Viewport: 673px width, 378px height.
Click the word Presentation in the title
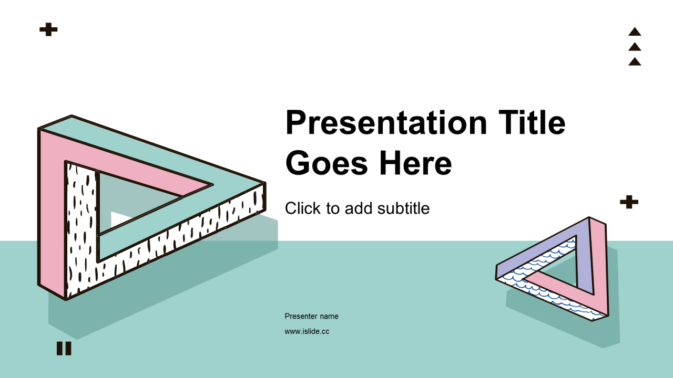tap(386, 123)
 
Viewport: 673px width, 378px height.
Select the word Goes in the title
tap(327, 163)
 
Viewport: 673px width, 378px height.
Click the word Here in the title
tap(415, 162)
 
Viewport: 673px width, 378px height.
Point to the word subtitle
tap(403, 208)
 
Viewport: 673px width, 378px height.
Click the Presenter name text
tap(312, 316)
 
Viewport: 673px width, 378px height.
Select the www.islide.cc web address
tap(307, 331)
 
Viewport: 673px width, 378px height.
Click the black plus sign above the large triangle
tap(48, 29)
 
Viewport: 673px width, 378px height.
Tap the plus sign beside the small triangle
tap(629, 202)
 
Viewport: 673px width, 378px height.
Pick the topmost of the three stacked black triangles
tap(635, 32)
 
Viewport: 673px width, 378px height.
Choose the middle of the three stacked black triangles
tap(635, 47)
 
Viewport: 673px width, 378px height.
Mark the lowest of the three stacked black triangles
tap(635, 62)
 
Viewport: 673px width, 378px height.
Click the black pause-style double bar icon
tap(64, 348)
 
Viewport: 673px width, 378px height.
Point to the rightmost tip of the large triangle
tap(266, 182)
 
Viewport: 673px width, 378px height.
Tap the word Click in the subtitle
tap(303, 208)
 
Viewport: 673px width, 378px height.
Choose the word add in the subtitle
tap(359, 208)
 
